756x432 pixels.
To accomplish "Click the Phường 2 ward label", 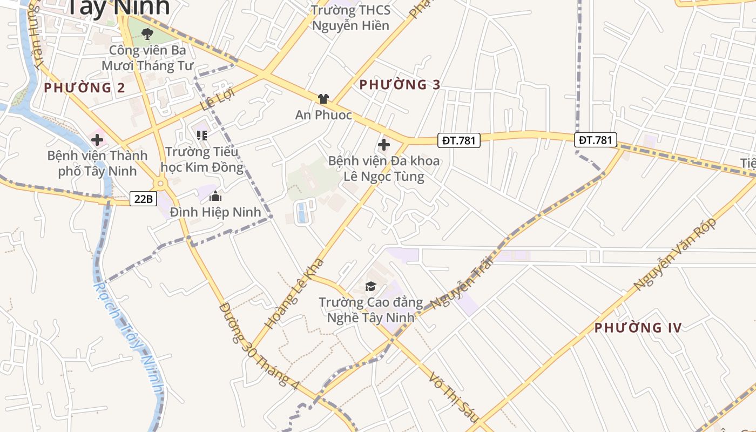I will (x=84, y=87).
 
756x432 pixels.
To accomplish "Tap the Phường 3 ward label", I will (x=400, y=85).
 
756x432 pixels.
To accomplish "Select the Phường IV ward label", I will (x=638, y=328).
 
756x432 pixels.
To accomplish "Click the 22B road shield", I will (x=143, y=199).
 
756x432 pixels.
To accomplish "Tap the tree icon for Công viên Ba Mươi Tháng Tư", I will (x=147, y=34).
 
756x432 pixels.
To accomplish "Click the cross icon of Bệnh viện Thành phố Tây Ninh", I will (x=97, y=140).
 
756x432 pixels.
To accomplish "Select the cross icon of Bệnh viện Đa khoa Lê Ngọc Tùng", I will (x=384, y=145).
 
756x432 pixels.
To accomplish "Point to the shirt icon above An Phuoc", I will (x=323, y=98).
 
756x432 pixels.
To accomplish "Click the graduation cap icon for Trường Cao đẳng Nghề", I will (x=370, y=286).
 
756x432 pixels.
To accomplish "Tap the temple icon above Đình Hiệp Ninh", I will (x=215, y=196).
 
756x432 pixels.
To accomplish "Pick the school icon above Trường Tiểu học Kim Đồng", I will (x=202, y=135).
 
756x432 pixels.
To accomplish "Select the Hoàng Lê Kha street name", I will (x=295, y=293).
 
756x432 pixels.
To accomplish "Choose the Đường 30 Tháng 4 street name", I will (x=259, y=346).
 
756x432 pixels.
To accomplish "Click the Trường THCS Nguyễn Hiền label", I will (x=350, y=18).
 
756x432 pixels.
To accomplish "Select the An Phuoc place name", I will (x=323, y=115).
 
